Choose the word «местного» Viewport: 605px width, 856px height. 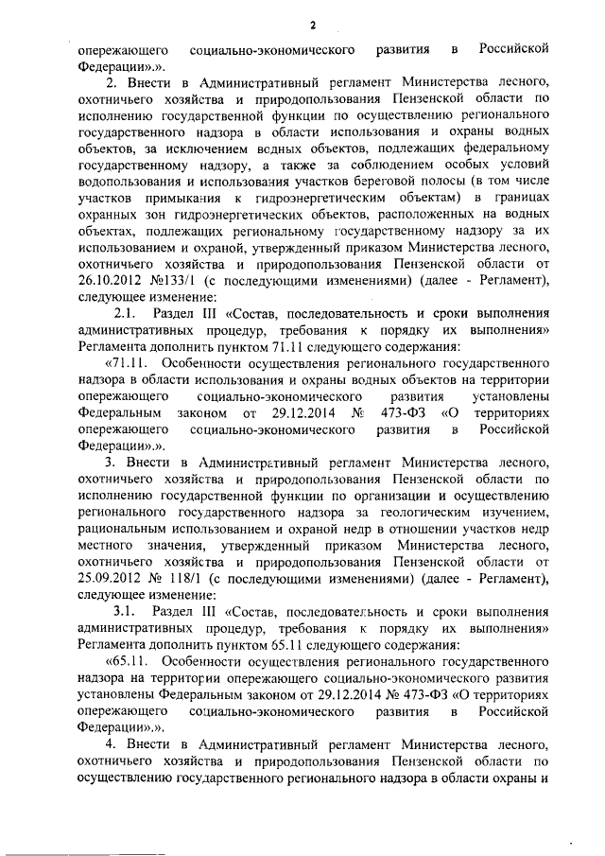coord(107,544)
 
